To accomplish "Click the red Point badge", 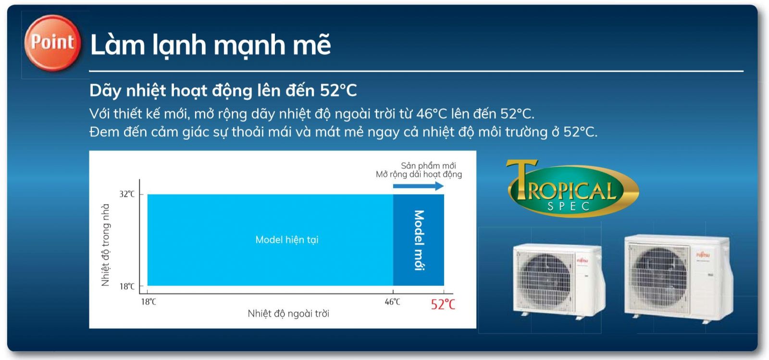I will click(x=52, y=43).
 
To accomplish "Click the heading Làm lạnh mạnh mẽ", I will click(x=210, y=45).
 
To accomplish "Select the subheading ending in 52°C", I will click(x=223, y=90).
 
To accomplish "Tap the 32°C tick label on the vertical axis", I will click(x=127, y=194).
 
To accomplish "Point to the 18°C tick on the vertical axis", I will click(x=127, y=286).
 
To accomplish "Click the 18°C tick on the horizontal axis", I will click(x=148, y=302).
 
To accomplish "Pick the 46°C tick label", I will click(x=392, y=302).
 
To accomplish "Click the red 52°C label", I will click(x=443, y=304).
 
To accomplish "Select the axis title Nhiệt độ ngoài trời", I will click(x=288, y=314).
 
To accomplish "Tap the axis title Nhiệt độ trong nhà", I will click(x=105, y=245).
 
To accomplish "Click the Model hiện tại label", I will click(x=286, y=240).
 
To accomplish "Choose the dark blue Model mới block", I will click(x=419, y=240).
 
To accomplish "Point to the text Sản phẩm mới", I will click(x=428, y=165).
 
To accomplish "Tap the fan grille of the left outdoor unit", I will click(x=545, y=279).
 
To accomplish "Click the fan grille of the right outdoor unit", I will click(x=658, y=277).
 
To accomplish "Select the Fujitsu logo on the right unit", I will click(x=703, y=255).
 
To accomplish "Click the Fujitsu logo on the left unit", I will click(x=582, y=261).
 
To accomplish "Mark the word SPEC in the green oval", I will click(x=569, y=207).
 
